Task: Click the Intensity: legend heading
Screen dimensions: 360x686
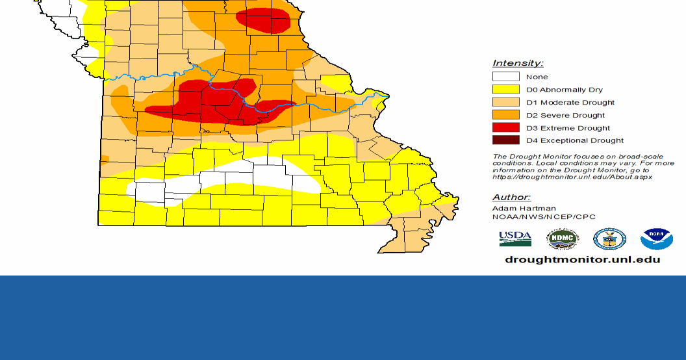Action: (518, 63)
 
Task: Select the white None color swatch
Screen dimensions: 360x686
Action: (506, 77)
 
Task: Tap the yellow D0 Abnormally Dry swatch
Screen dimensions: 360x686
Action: (506, 90)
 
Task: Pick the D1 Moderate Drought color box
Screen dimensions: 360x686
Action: (506, 102)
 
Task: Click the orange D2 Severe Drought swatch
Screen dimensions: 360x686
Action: (506, 115)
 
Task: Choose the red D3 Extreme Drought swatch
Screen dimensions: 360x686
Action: (506, 127)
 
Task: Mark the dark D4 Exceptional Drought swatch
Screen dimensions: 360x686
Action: (506, 140)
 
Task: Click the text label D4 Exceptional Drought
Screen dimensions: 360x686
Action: (574, 140)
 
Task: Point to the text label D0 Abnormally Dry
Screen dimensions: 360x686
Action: (564, 90)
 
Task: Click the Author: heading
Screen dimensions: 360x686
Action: (511, 197)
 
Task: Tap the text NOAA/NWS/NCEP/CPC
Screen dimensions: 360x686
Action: (544, 217)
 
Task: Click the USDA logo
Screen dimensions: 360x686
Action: (515, 238)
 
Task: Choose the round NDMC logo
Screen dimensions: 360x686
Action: (562, 238)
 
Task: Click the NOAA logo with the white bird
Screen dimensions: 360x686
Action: (656, 238)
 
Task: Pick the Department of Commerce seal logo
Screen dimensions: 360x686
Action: (609, 238)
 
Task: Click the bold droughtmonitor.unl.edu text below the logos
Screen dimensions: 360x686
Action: (583, 259)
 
